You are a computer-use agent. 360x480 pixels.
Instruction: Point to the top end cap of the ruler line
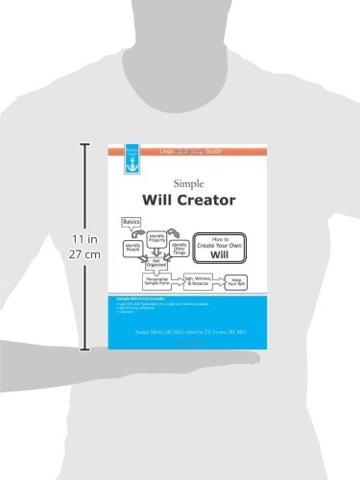[84, 145]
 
